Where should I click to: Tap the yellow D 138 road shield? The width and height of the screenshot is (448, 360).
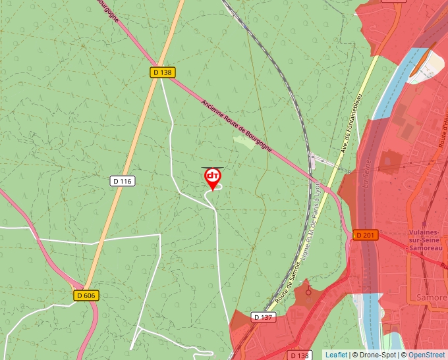(x=163, y=72)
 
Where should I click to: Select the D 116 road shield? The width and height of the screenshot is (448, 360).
(x=123, y=181)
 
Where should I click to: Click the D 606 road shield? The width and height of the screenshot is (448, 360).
(x=85, y=296)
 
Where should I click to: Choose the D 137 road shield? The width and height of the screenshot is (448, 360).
(x=263, y=317)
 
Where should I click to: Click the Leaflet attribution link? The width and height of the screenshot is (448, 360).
(x=336, y=355)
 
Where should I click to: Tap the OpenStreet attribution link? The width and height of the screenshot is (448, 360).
(x=426, y=355)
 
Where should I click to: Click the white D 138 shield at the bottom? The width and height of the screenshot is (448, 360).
(x=300, y=355)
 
